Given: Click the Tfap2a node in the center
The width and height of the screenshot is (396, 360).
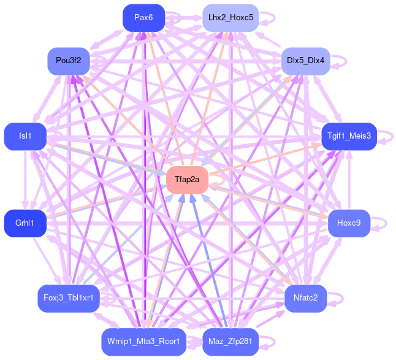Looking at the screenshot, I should pyautogui.click(x=187, y=180).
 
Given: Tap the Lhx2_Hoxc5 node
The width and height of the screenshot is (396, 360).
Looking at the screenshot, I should pyautogui.click(x=230, y=17).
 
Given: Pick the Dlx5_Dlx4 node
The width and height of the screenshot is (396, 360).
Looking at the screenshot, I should pyautogui.click(x=306, y=61).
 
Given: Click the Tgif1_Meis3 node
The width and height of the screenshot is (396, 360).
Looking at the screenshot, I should pyautogui.click(x=349, y=136).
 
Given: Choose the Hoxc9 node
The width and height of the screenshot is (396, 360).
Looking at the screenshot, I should pyautogui.click(x=349, y=223).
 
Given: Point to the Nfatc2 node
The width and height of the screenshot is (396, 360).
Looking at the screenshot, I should pyautogui.click(x=305, y=298).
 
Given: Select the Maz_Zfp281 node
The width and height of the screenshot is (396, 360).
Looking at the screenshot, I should pyautogui.click(x=230, y=342).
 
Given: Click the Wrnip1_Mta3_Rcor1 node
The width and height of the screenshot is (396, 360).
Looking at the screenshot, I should pyautogui.click(x=143, y=342).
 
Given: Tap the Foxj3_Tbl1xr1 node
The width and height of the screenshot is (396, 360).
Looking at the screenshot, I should pyautogui.click(x=69, y=298).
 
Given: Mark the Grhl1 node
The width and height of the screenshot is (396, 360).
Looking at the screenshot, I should pyautogui.click(x=25, y=223).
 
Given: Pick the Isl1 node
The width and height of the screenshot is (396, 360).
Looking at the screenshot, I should pyautogui.click(x=25, y=136).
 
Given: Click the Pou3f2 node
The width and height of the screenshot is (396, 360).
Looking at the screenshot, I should pyautogui.click(x=69, y=61).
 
